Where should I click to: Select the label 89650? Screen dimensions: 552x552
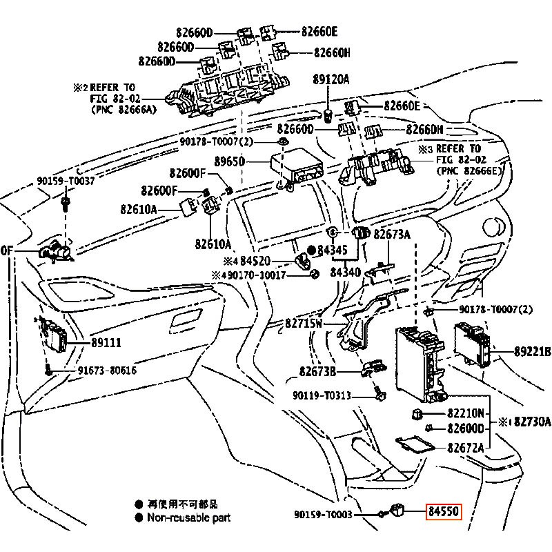click(x=230, y=162)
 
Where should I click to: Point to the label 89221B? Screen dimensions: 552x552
click(x=531, y=351)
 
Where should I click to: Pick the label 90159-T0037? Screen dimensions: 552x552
click(x=66, y=180)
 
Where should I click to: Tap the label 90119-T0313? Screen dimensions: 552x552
click(x=323, y=395)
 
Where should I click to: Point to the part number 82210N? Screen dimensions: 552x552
click(x=466, y=414)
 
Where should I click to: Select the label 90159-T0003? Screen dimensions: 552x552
click(x=323, y=514)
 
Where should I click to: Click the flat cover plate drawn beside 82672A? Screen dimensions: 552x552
click(x=417, y=443)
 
